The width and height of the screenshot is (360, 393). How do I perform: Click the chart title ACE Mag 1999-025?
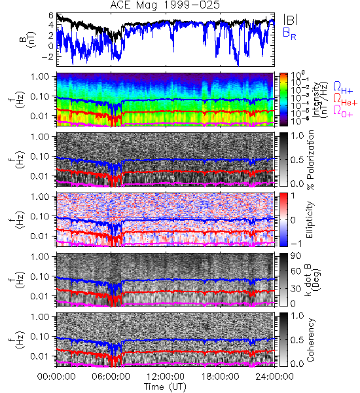(165, 5)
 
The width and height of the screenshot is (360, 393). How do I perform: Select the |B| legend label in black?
(291, 19)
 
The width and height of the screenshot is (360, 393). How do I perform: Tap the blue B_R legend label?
(289, 33)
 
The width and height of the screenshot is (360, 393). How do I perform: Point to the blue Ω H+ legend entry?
(343, 88)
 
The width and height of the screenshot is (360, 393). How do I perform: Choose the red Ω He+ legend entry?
(345, 100)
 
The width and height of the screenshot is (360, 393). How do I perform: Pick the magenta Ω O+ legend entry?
(343, 111)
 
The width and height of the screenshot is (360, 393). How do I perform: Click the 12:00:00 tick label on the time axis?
(166, 377)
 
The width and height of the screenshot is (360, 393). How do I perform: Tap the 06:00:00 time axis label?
(111, 377)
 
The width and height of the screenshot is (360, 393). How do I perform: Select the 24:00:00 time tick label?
(274, 377)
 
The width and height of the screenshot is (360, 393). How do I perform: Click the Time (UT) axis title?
(165, 387)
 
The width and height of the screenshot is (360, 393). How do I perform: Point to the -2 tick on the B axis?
(48, 56)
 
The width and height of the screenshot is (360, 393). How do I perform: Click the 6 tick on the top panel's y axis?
(51, 16)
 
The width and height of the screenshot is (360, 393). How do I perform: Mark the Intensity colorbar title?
(320, 100)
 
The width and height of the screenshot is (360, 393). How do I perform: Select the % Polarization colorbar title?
(311, 160)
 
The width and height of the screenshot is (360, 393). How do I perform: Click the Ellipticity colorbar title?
(310, 219)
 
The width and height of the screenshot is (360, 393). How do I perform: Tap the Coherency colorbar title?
(310, 340)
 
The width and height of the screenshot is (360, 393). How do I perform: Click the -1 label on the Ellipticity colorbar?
(296, 244)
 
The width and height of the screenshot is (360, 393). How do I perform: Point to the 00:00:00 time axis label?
(56, 377)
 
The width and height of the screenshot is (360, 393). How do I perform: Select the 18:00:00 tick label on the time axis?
(220, 377)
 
